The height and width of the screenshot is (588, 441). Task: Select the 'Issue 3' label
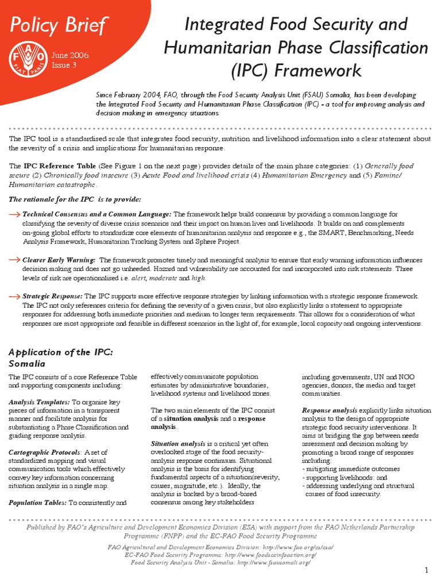(64, 65)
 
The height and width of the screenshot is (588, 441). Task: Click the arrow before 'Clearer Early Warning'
(15, 260)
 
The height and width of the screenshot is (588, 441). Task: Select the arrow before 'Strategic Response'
(15, 296)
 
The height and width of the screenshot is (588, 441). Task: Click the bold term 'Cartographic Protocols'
(42, 452)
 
